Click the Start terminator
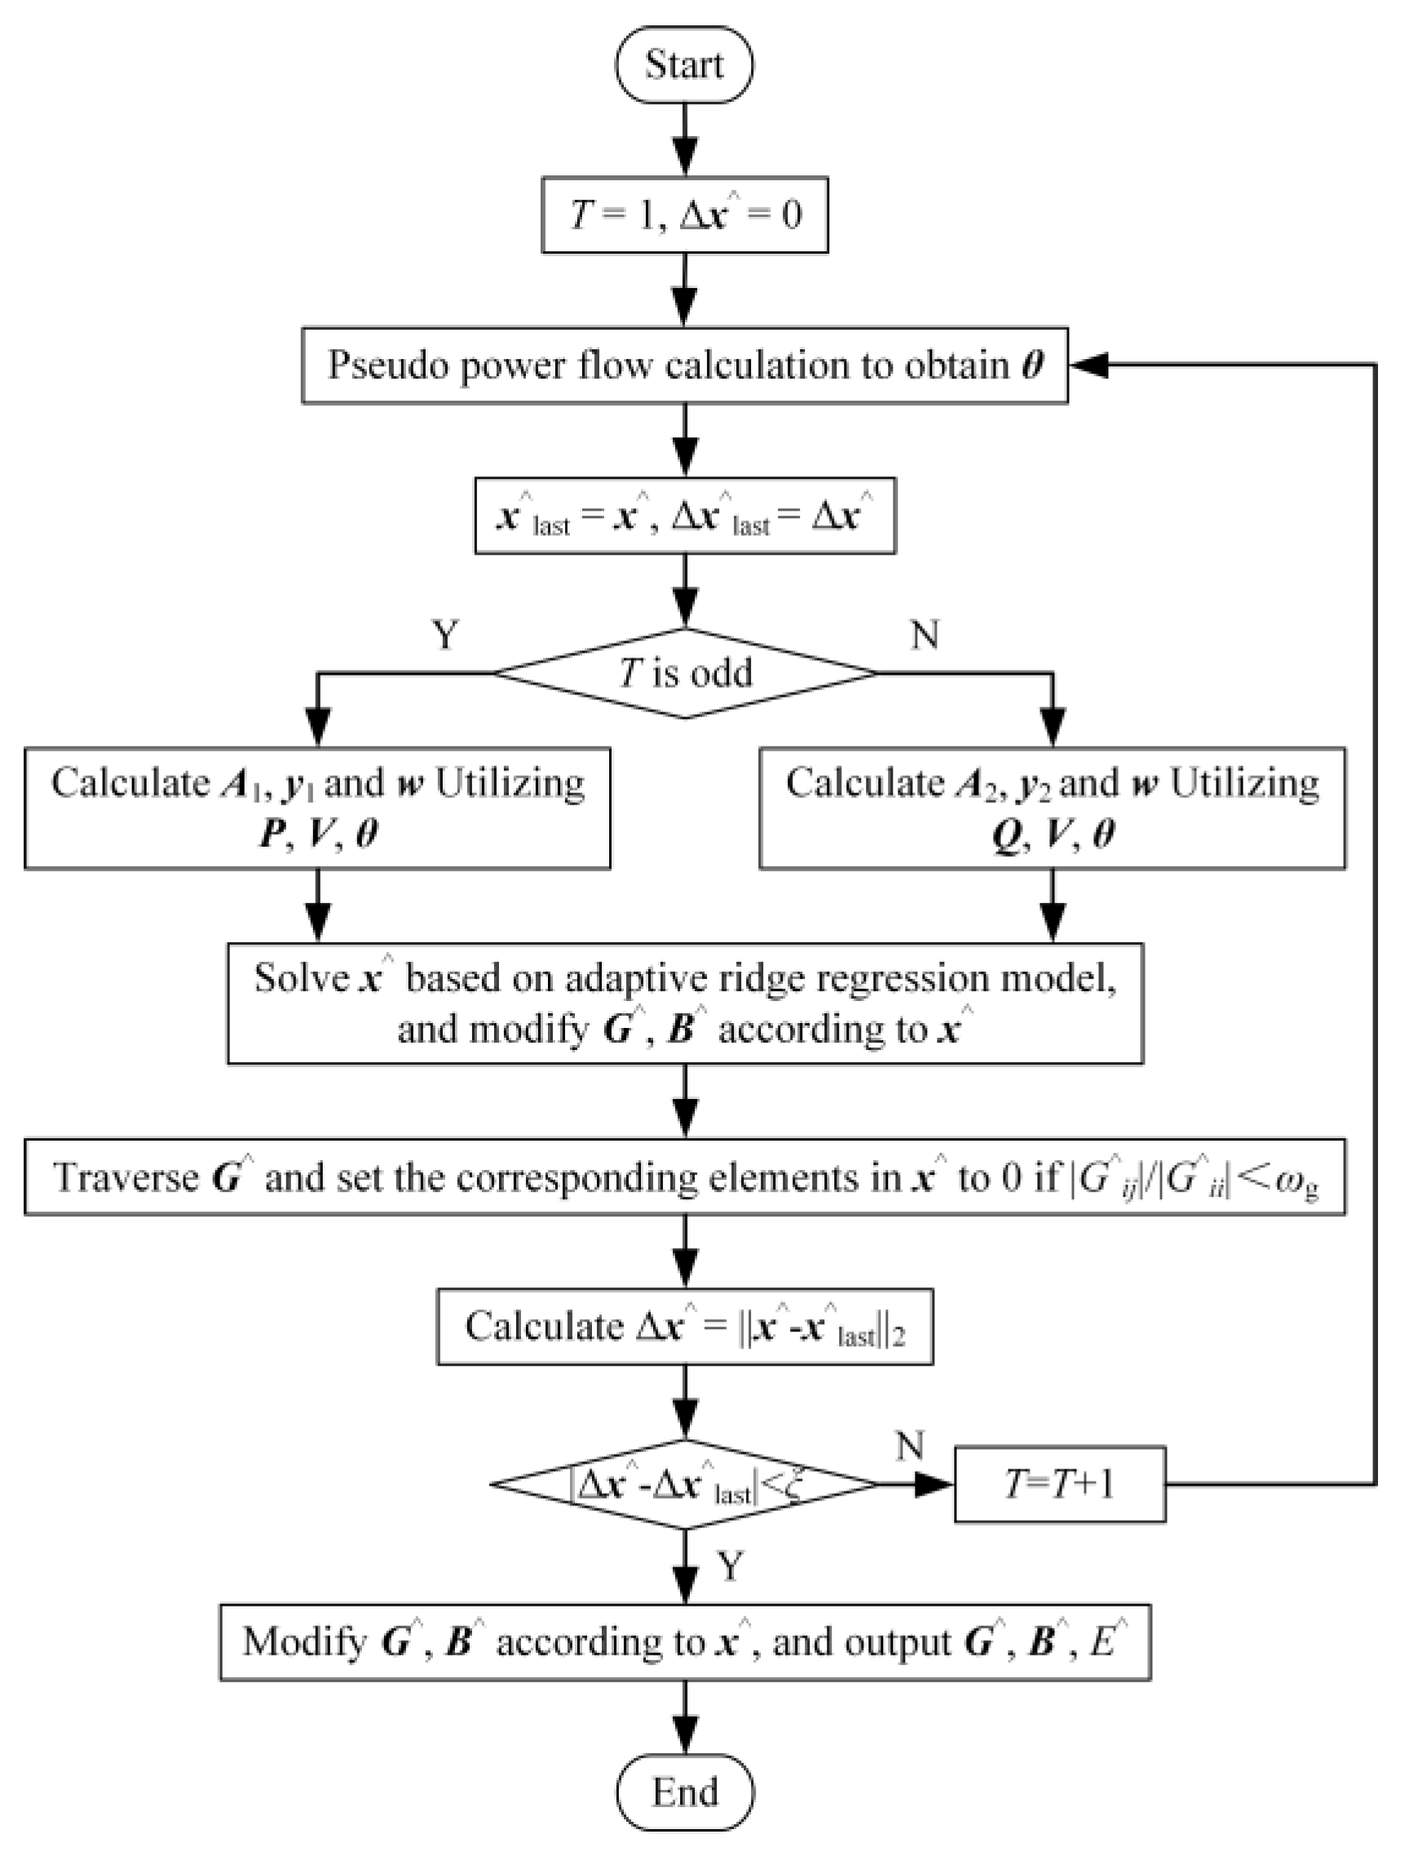tap(683, 64)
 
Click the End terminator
tap(684, 1792)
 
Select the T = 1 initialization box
tap(684, 215)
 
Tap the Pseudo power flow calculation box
tap(684, 366)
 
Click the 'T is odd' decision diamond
tap(684, 673)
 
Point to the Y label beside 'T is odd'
tap(444, 636)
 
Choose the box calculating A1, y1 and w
tap(317, 808)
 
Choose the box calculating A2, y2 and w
tap(1052, 808)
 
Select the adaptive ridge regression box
tap(684, 1004)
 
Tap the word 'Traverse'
tap(126, 1177)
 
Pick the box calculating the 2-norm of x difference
tap(684, 1327)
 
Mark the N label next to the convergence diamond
tap(910, 1446)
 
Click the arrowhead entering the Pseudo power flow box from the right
tap(1089, 365)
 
